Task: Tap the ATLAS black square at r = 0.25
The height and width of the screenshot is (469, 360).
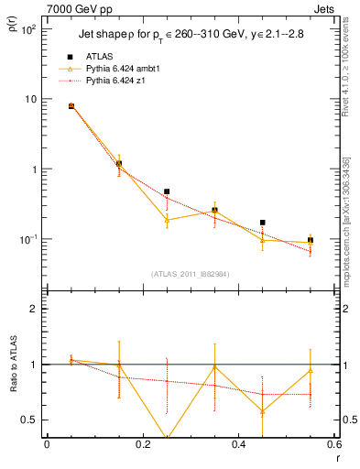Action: (x=167, y=192)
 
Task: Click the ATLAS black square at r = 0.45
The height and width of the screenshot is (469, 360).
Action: (x=263, y=223)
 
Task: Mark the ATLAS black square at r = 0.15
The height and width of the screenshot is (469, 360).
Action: (x=119, y=163)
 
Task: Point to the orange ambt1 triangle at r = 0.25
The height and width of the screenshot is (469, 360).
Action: (x=167, y=220)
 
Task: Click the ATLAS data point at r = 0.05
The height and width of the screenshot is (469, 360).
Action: (x=71, y=106)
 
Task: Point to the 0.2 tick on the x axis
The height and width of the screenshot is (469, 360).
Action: (x=142, y=444)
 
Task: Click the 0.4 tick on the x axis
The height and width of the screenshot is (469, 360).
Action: (x=238, y=444)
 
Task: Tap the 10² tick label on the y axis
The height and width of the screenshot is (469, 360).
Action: (x=27, y=29)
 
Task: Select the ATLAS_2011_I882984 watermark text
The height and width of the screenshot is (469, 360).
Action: (x=191, y=273)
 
